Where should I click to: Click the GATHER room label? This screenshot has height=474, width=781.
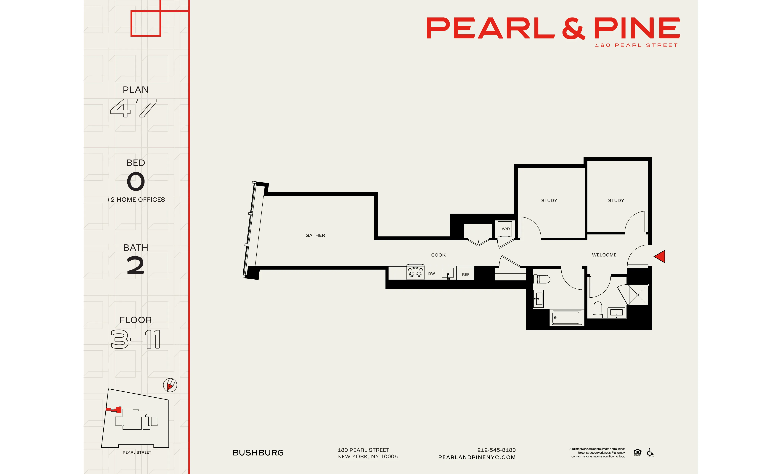(315, 235)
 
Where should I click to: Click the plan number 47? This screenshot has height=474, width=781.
(134, 108)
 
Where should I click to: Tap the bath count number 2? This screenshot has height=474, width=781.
(136, 265)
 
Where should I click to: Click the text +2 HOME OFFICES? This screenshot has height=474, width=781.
(136, 200)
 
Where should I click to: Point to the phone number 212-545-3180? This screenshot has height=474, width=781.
(496, 450)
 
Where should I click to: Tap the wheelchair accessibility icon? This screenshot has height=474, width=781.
(650, 452)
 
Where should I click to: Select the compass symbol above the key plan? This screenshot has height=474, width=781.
(170, 385)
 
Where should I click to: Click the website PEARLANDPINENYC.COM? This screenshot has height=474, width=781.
(477, 457)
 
